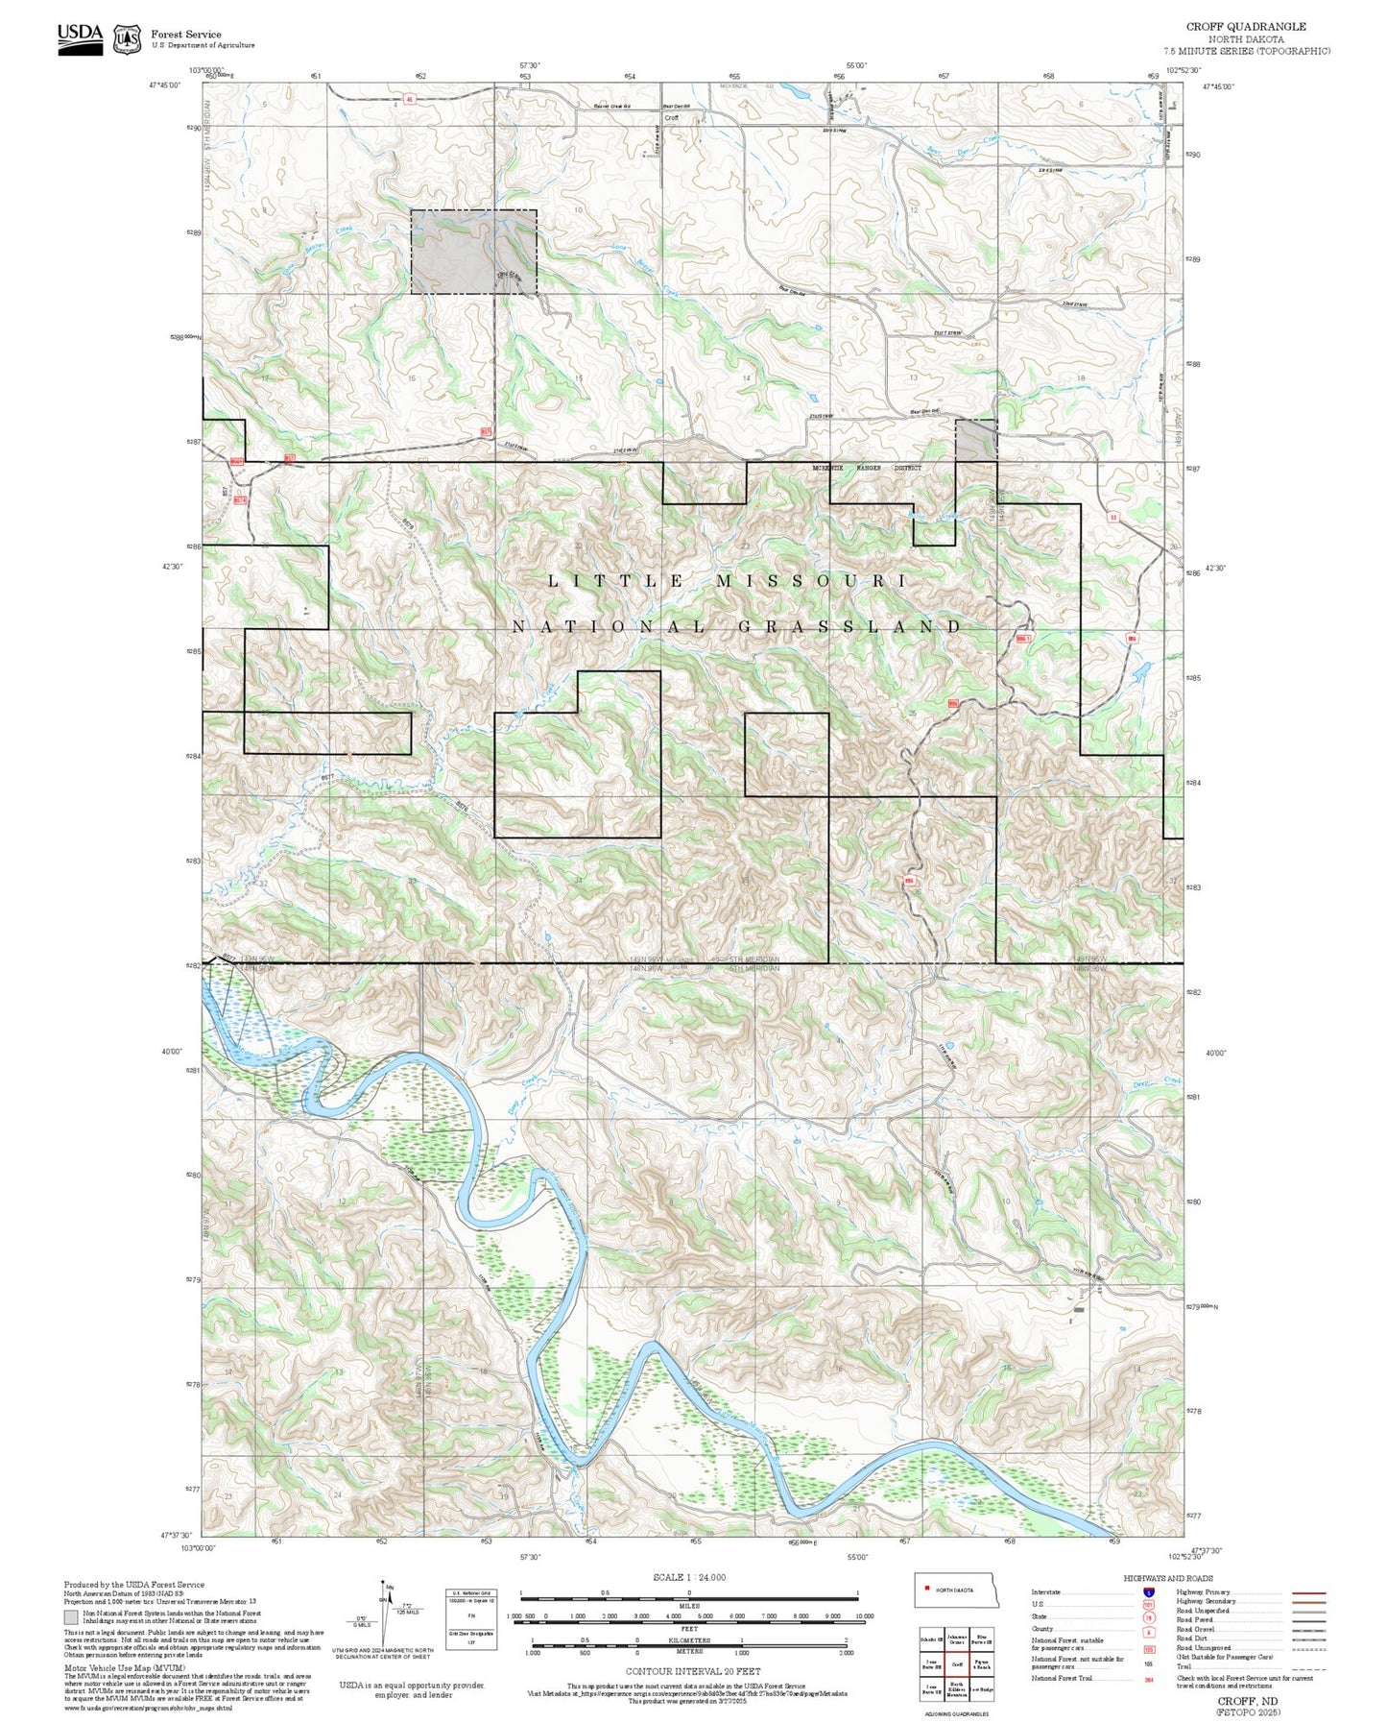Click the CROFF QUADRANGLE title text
pyautogui.click(x=1245, y=27)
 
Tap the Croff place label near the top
pyautogui.click(x=671, y=118)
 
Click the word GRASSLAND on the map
pyautogui.click(x=851, y=627)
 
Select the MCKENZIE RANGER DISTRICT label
pyautogui.click(x=866, y=469)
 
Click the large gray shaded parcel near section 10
pyautogui.click(x=472, y=252)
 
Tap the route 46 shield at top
pyautogui.click(x=410, y=98)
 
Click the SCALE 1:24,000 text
pyautogui.click(x=688, y=1577)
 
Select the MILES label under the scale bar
pyautogui.click(x=688, y=1605)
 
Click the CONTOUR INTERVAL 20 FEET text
pyautogui.click(x=688, y=1671)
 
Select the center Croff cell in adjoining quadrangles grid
pyautogui.click(x=956, y=1664)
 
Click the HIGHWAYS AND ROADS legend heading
pyautogui.click(x=1168, y=1578)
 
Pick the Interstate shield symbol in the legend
pyautogui.click(x=1149, y=1591)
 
